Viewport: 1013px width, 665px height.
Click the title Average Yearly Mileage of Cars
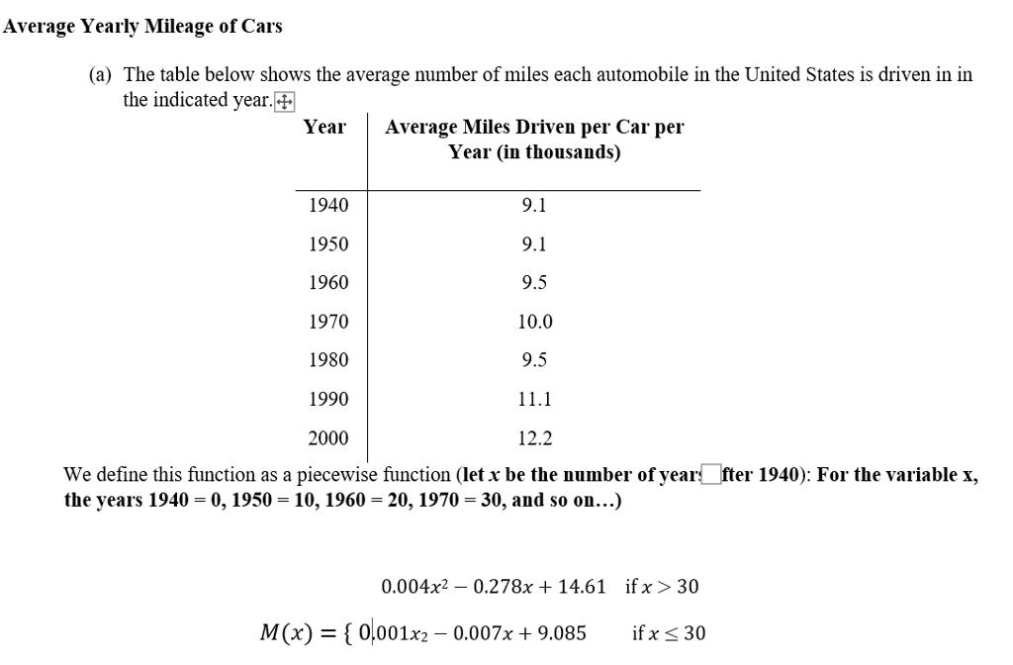click(x=142, y=27)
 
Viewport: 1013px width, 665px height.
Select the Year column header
click(x=324, y=127)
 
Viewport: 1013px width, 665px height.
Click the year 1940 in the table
click(x=328, y=205)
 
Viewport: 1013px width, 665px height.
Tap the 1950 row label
click(x=328, y=243)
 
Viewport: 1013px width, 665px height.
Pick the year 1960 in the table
click(x=328, y=282)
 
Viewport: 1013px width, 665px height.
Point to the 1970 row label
click(x=328, y=321)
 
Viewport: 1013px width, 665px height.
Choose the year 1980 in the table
click(x=328, y=359)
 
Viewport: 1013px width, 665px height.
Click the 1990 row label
click(x=328, y=399)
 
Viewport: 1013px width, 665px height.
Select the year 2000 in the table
click(x=328, y=437)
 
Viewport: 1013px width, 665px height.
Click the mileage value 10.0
click(x=534, y=321)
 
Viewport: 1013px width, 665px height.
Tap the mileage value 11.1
click(x=534, y=399)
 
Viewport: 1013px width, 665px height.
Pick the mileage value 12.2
click(x=534, y=437)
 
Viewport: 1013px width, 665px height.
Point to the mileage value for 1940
click(x=534, y=205)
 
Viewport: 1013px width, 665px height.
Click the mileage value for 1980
click(x=534, y=359)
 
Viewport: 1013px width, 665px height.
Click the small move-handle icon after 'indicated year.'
click(x=285, y=101)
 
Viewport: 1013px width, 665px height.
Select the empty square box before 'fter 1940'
click(x=709, y=474)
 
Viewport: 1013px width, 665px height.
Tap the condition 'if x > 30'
click(x=662, y=587)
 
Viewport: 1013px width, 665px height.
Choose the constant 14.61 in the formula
click(x=582, y=587)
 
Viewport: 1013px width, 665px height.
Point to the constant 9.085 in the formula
click(x=560, y=633)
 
